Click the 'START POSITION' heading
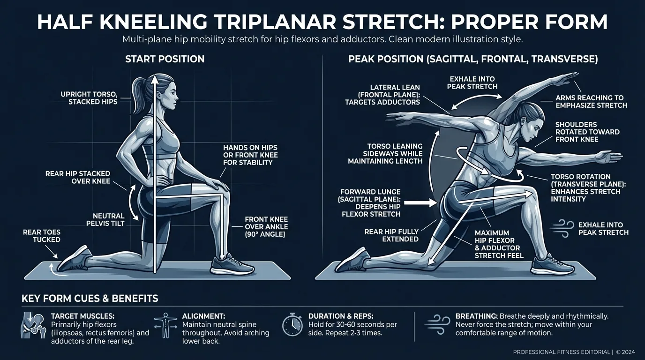click(165, 60)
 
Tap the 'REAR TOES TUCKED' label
click(42, 236)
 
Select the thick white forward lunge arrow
click(420, 203)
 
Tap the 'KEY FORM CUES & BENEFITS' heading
click(90, 299)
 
